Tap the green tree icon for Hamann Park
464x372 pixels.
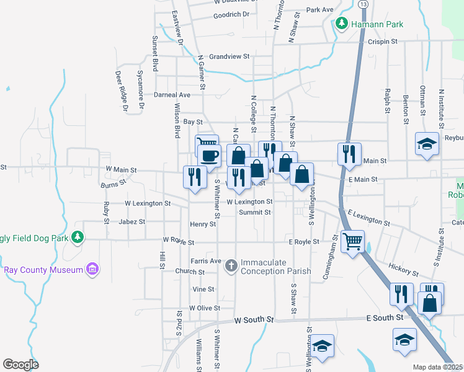click(x=341, y=24)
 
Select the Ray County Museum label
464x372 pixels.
click(x=43, y=270)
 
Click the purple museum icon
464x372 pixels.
click(x=92, y=269)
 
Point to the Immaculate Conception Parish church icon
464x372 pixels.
click(x=231, y=266)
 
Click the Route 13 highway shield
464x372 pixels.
click(x=363, y=4)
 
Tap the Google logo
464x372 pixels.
click(x=20, y=365)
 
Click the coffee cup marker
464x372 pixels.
click(x=210, y=156)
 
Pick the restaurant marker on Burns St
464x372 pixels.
click(x=195, y=176)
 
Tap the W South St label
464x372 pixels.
click(x=254, y=320)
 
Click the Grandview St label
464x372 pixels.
click(x=229, y=56)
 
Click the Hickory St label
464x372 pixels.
click(x=405, y=271)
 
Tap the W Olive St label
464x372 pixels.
click(x=205, y=308)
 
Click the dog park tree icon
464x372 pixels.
click(x=78, y=236)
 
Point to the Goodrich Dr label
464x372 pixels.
click(x=231, y=15)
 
